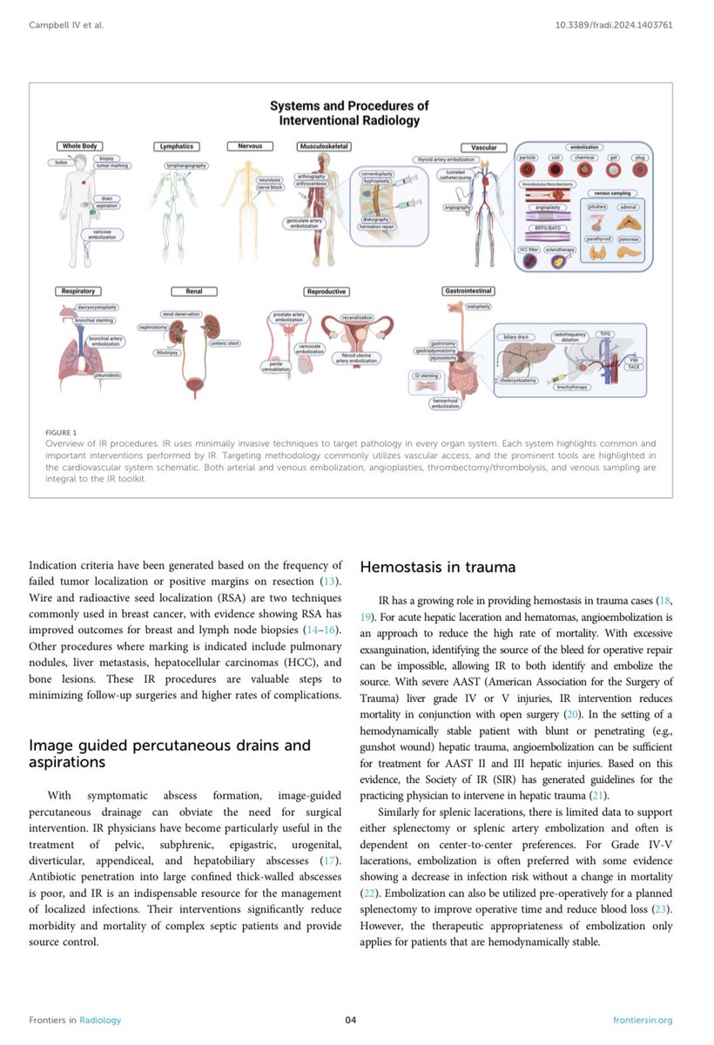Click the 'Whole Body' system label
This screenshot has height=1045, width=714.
(79, 146)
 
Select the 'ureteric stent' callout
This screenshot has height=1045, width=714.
(224, 342)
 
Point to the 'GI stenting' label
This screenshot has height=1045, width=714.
(428, 375)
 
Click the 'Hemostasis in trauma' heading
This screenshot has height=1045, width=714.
(438, 568)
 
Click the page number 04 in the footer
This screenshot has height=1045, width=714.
(351, 1020)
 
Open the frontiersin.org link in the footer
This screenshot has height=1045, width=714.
(643, 1020)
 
